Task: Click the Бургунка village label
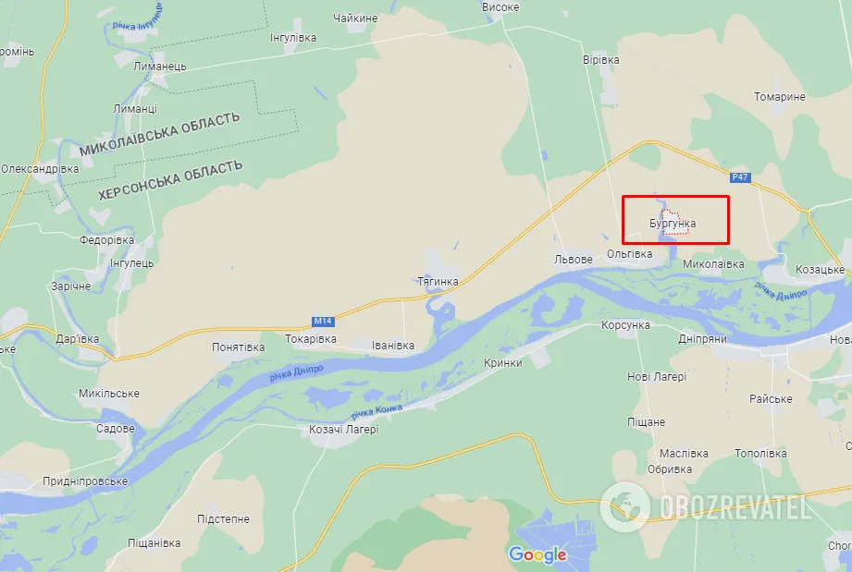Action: click(673, 224)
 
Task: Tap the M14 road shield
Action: click(322, 321)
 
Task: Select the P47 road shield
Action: click(738, 177)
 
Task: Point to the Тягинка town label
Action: click(438, 281)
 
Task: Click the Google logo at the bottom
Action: click(537, 554)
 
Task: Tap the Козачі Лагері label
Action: click(343, 429)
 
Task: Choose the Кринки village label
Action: click(504, 364)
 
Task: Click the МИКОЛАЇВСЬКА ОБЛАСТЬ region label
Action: click(159, 134)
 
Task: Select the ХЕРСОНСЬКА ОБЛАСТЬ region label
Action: click(170, 180)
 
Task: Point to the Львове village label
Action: click(573, 260)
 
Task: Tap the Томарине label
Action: click(779, 97)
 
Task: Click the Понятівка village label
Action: click(238, 347)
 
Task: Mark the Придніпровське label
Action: click(85, 481)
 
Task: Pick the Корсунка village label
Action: click(625, 325)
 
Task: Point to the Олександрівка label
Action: click(40, 169)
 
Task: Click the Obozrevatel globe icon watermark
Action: click(624, 506)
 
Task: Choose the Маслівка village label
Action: click(684, 454)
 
